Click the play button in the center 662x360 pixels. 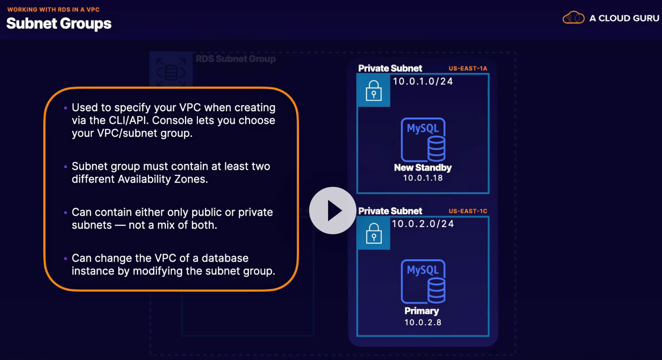point(333,211)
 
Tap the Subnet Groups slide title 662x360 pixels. point(59,23)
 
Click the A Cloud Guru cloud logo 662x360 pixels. point(573,18)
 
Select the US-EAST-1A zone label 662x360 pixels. point(468,69)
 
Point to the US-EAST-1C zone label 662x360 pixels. point(468,211)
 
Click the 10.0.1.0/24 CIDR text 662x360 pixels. point(423,82)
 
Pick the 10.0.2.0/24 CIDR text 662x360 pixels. point(423,224)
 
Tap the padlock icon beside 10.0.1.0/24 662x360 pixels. point(374,90)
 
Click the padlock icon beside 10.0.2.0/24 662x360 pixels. point(374,233)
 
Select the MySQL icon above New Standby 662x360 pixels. point(423,139)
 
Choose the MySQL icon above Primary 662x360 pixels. point(423,282)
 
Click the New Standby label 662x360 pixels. point(423,168)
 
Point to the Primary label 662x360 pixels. point(421,311)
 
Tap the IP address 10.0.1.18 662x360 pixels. point(423,178)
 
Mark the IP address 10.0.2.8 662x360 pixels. point(423,322)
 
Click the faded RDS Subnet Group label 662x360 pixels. point(236,59)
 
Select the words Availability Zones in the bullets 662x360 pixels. point(163,179)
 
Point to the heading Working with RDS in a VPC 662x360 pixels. point(53,9)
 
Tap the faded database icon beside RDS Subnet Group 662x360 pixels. point(171,71)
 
